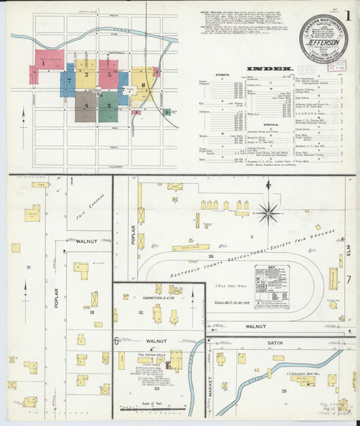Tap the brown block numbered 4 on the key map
pos(86,105)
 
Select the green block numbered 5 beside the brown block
pos(108,106)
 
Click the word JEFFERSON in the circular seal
pos(324,41)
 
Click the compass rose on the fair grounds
pos(268,213)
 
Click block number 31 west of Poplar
pos(29,267)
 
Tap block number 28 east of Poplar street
pos(91,312)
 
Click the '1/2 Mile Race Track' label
pos(230,286)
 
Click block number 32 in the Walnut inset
pos(141,313)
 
